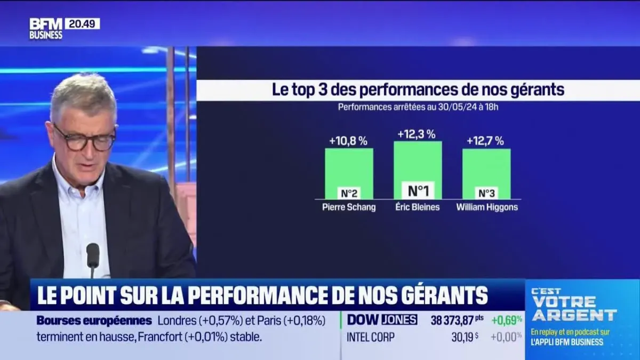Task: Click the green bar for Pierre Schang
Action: (349, 168)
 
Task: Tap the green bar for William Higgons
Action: (486, 168)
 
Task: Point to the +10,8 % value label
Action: (348, 141)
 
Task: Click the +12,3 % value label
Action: (417, 134)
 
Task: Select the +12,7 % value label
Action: (485, 141)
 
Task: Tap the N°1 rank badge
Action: (418, 190)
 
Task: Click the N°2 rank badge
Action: (349, 193)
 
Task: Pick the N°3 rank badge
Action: (486, 193)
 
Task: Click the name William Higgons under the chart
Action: (487, 207)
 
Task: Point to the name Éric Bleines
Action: (418, 207)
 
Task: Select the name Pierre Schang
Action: (349, 207)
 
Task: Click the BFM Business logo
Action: (46, 29)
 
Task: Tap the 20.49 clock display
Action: (82, 23)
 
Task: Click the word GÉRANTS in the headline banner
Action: (437, 294)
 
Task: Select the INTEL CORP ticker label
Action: (371, 337)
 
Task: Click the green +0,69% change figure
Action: (507, 320)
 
